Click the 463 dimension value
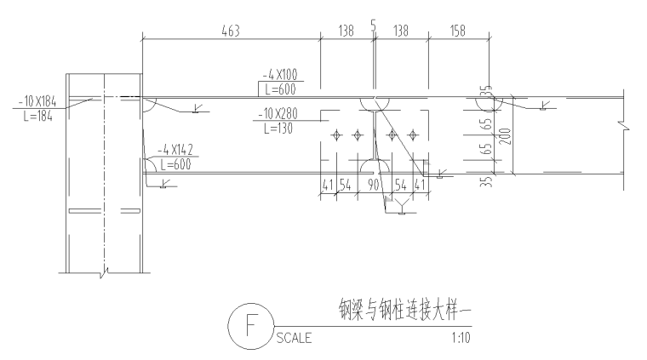[x=230, y=31]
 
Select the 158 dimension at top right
[x=458, y=31]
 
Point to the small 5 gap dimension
[x=374, y=26]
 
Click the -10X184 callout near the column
[x=35, y=103]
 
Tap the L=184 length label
[x=33, y=117]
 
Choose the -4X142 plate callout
[x=175, y=151]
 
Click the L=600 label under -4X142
[x=175, y=164]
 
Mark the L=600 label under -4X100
[x=278, y=89]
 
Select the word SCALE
[x=295, y=338]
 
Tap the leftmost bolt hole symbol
[x=338, y=134]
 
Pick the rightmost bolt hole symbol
[x=414, y=134]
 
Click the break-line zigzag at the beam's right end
[x=626, y=129]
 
